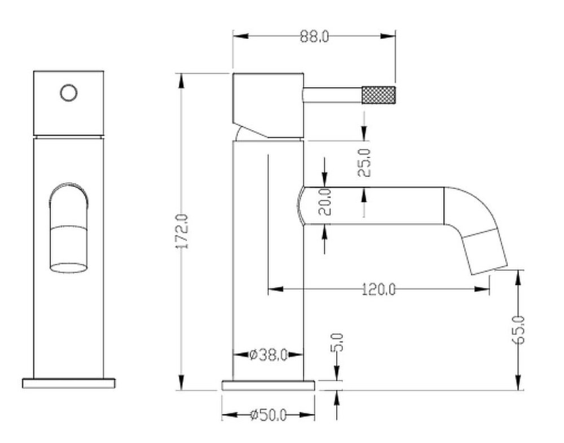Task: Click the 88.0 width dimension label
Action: coord(314,36)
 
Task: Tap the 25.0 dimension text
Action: coord(365,162)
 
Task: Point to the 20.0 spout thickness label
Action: coord(325,202)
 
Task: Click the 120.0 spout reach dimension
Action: coord(378,289)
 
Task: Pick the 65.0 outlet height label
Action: coord(518,330)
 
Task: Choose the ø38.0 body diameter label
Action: coord(268,355)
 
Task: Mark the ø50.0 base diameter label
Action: coord(268,415)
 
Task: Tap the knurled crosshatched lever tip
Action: coord(379,95)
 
